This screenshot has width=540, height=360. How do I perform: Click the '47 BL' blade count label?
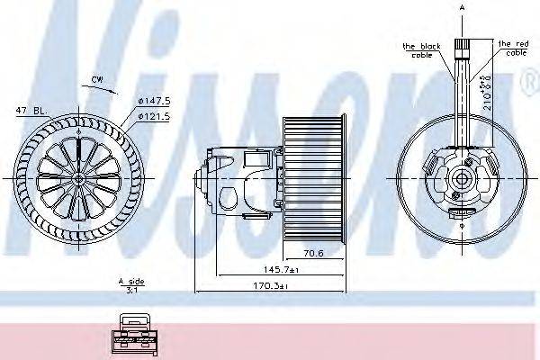[x=28, y=111]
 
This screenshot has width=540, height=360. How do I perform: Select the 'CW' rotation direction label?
[x=96, y=80]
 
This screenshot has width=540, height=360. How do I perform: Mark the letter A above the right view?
[x=462, y=7]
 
